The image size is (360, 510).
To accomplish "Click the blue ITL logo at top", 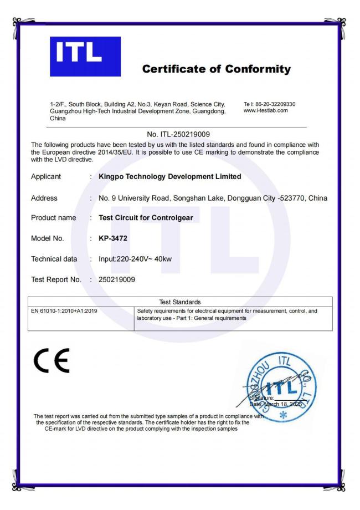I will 89,56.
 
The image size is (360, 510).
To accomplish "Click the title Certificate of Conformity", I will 217,69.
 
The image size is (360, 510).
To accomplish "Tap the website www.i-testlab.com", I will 265,110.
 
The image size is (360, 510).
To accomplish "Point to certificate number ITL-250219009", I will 180,134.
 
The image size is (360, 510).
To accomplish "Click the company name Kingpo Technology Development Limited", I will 169,177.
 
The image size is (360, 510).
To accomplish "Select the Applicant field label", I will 47,177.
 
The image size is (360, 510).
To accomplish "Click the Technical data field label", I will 54,259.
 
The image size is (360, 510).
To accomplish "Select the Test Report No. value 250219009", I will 116,279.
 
